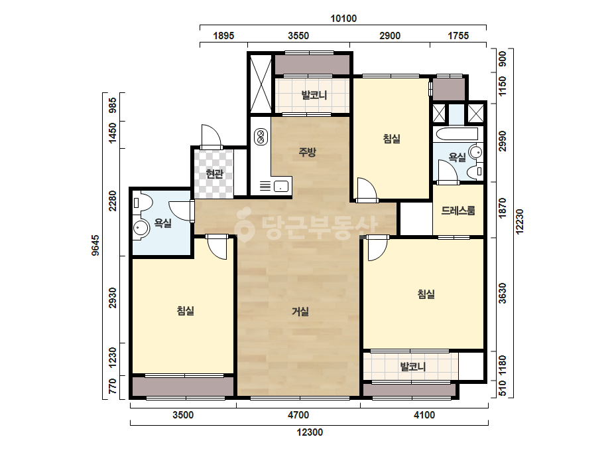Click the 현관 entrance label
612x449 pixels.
(x=214, y=173)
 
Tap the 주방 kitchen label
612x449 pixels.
(x=307, y=151)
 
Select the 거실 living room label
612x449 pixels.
(x=300, y=312)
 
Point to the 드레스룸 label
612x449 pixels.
(x=458, y=211)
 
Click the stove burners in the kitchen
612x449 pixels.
(x=261, y=136)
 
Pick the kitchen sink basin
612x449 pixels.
(x=280, y=186)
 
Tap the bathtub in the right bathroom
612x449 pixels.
(x=458, y=134)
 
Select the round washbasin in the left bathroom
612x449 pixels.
(x=141, y=228)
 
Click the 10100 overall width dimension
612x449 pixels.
(x=343, y=19)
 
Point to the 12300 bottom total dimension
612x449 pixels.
(x=310, y=432)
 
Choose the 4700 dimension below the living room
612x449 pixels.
(x=298, y=415)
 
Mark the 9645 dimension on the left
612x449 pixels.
(x=95, y=245)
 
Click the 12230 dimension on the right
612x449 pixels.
(x=519, y=222)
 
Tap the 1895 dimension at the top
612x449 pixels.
(x=223, y=36)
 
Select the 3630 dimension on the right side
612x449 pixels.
(x=503, y=294)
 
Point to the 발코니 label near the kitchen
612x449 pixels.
(x=314, y=95)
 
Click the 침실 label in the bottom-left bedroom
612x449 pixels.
(x=186, y=311)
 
